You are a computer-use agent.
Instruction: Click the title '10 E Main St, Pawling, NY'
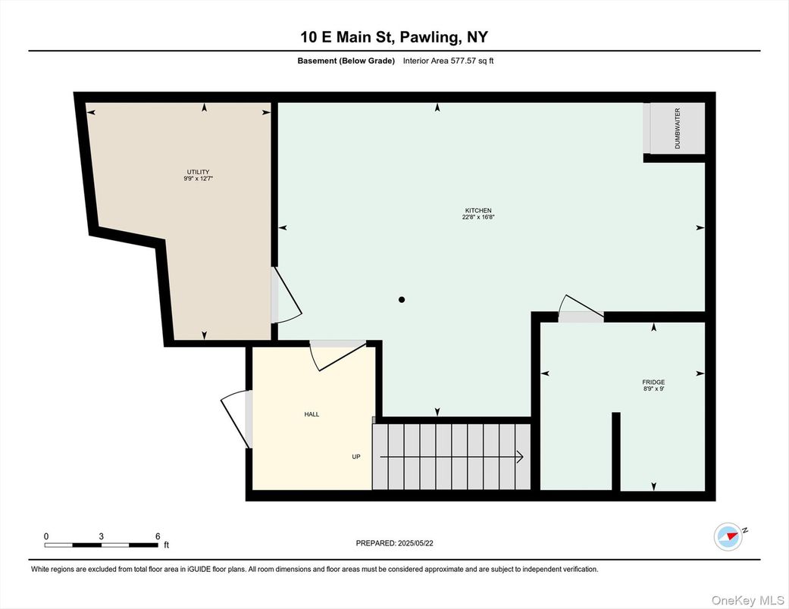[394, 37]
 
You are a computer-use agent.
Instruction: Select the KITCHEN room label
[478, 210]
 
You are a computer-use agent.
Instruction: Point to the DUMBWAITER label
[678, 128]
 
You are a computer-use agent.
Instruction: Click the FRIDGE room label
[653, 383]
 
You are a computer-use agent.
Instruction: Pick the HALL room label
[312, 414]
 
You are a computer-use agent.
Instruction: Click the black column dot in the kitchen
[402, 300]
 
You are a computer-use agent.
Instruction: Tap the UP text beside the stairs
[356, 457]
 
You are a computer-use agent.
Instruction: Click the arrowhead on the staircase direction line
[519, 457]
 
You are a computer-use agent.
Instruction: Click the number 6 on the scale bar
[158, 536]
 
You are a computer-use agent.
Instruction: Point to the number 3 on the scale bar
[101, 536]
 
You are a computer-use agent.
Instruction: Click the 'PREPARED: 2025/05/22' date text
[394, 543]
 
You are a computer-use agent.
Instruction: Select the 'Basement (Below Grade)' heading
[346, 61]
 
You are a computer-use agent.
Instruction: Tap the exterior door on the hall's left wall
[236, 418]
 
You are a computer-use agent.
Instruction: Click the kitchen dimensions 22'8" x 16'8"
[478, 217]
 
